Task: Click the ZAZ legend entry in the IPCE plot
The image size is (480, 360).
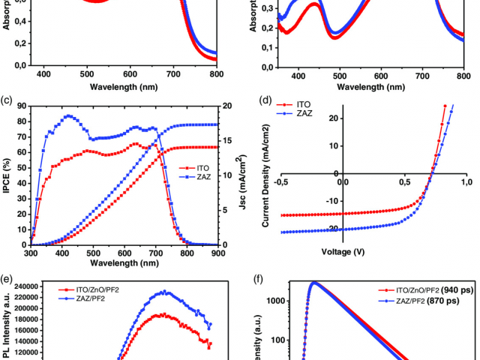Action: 195,177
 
